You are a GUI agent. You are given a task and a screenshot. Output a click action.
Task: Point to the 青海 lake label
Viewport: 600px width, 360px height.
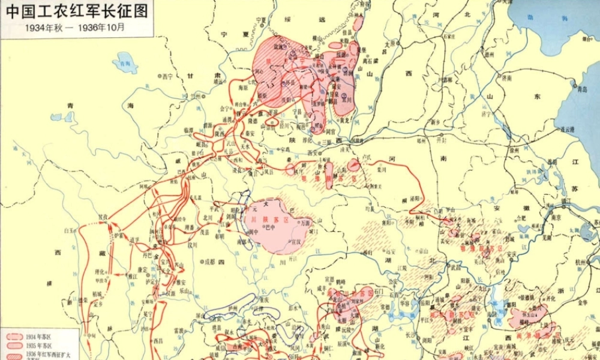[125, 64]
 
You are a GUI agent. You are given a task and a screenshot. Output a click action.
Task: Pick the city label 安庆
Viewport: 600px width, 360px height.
[511, 254]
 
